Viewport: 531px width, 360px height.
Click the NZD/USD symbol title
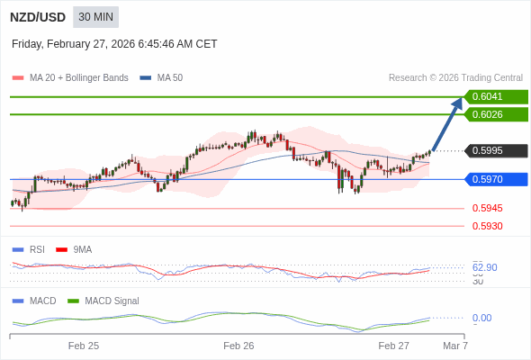[37, 17]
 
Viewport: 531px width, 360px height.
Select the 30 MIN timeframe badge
[95, 17]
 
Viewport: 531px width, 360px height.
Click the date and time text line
[114, 44]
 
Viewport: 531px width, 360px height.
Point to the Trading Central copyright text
[455, 78]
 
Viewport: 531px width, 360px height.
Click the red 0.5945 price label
[487, 208]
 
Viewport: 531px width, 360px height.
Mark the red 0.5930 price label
[487, 226]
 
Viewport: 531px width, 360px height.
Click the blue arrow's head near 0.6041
[457, 102]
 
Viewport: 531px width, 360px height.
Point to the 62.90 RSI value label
[484, 267]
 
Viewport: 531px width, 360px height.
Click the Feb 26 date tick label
[238, 346]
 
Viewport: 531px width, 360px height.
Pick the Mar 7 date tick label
[455, 346]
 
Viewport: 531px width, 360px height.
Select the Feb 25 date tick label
[84, 346]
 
